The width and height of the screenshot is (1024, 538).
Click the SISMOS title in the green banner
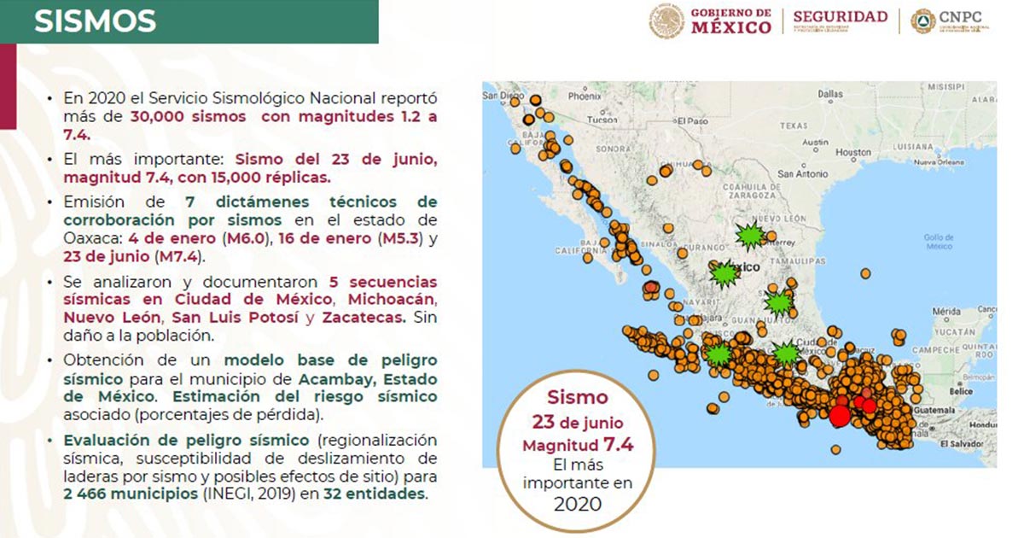95,21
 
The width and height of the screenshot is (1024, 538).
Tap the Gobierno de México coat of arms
666,21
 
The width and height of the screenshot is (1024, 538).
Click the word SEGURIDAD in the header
840,17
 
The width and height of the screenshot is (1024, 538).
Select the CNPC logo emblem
922,21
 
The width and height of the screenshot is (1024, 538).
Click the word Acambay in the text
337,378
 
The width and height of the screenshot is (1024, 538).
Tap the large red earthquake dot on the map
839,416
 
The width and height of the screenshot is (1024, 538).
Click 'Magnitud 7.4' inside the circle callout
577,444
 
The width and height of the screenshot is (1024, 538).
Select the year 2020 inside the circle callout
578,503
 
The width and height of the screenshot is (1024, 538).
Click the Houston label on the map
853,152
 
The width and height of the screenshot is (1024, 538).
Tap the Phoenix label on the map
585,96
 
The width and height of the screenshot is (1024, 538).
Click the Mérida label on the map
947,311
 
